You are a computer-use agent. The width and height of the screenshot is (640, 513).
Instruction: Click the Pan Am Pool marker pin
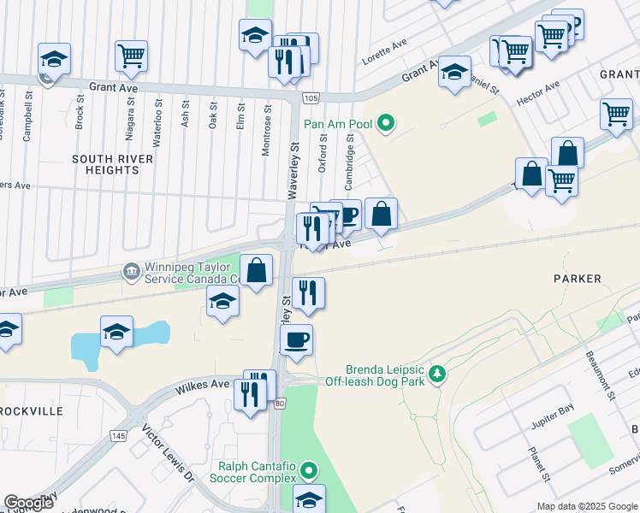coord(386,124)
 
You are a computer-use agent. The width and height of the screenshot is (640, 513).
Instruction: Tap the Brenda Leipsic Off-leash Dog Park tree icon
coord(437,374)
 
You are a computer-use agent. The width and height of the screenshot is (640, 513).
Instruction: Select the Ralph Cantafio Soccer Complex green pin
coord(308,469)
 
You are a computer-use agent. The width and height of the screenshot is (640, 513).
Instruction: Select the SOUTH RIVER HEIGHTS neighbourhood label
coord(112,165)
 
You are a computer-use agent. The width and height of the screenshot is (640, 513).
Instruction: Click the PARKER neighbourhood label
coord(577,279)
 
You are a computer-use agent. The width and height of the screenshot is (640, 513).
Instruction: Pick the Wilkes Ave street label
coord(203,386)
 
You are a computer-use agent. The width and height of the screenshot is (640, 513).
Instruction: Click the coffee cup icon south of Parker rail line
coord(297,340)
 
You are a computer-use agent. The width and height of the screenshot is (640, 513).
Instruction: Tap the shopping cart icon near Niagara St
coord(131,56)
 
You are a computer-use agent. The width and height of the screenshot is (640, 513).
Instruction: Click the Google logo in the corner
coord(29,503)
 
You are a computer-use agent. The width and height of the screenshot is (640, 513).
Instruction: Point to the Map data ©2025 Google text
coord(586,506)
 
